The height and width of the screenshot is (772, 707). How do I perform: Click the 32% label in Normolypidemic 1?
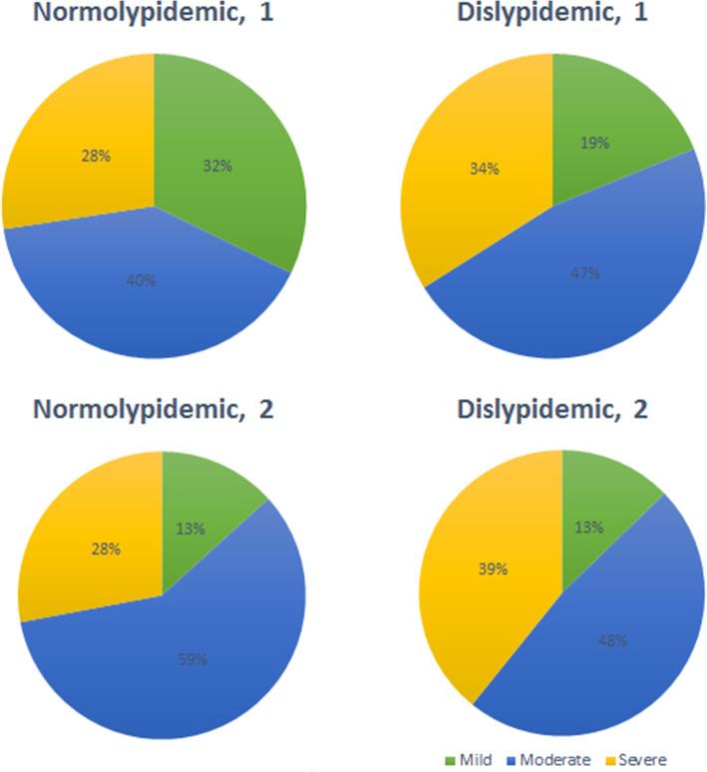pyautogui.click(x=217, y=167)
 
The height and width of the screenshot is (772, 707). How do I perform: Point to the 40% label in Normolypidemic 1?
pyautogui.click(x=141, y=281)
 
